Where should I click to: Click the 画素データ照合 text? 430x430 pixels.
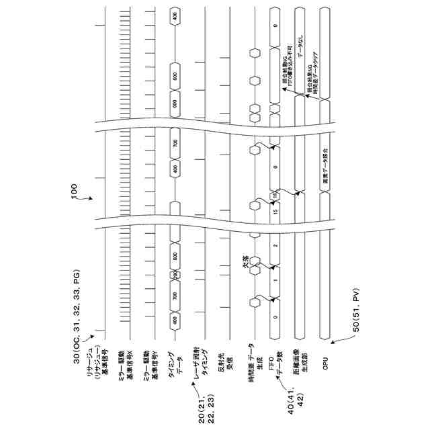[325, 167]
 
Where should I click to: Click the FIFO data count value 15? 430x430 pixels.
[275, 211]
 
